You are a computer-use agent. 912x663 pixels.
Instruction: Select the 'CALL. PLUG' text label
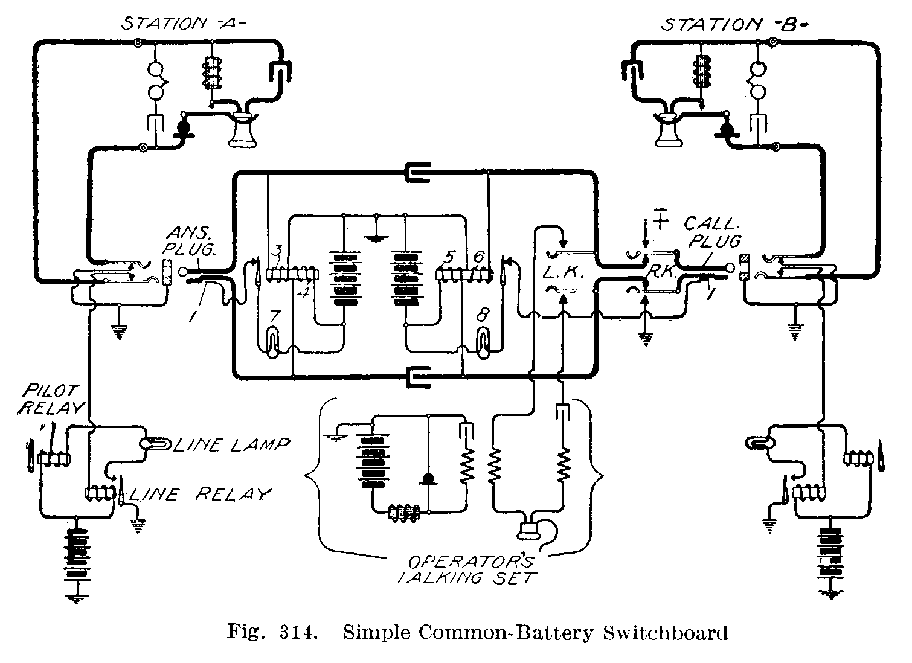(x=712, y=233)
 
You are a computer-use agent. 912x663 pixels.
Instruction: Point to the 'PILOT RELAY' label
(x=53, y=399)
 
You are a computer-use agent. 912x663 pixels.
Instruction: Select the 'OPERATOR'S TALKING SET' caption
(x=466, y=569)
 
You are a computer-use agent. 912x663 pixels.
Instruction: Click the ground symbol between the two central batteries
(x=376, y=237)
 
